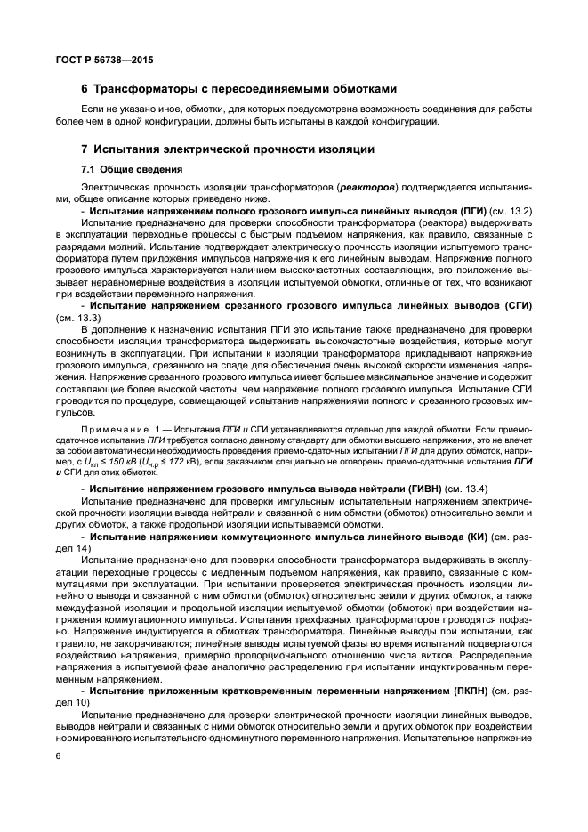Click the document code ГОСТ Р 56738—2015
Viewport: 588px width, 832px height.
pos(93,59)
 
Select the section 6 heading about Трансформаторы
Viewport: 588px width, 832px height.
pos(238,89)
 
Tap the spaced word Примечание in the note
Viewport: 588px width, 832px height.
pos(117,429)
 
